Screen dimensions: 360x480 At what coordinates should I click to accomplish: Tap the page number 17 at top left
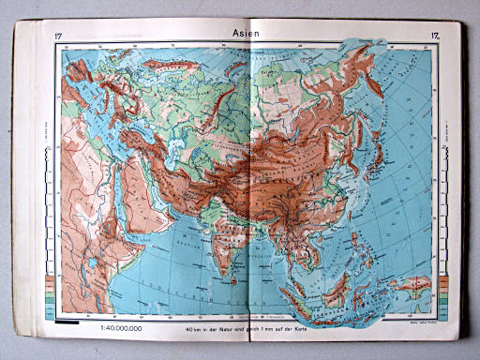[x=59, y=37]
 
